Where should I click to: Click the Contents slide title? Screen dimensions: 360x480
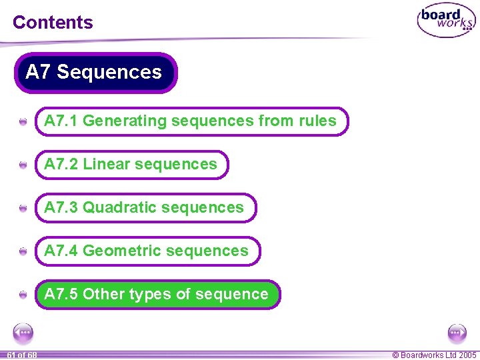click(x=53, y=22)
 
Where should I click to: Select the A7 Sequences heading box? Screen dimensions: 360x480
click(x=95, y=72)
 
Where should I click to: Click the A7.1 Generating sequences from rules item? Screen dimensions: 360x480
click(x=191, y=121)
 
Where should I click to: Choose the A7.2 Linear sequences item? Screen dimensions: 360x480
click(x=131, y=165)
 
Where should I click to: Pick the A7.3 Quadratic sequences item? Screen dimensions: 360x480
click(x=145, y=208)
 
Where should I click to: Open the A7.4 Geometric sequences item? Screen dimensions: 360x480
click(x=147, y=251)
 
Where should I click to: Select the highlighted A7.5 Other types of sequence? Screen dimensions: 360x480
click(x=157, y=295)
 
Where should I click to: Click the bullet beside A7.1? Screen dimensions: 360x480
click(x=23, y=122)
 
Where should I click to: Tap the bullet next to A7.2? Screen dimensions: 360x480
click(x=23, y=165)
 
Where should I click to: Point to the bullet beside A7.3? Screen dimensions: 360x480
click(x=23, y=209)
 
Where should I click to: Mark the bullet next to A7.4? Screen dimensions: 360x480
click(x=23, y=252)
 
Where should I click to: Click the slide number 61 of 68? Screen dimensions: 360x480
click(x=22, y=355)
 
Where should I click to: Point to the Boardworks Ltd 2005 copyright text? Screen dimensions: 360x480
click(x=434, y=355)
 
